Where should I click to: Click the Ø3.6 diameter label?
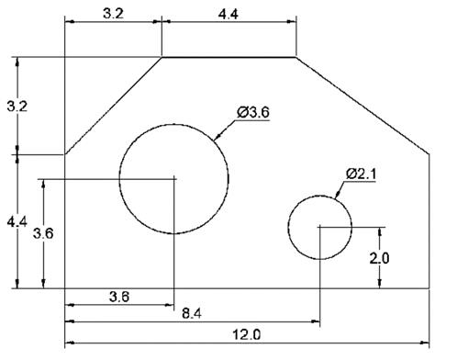point(252,112)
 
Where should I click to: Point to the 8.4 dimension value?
point(192,314)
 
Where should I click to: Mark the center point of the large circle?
point(173,177)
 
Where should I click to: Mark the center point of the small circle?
point(319,227)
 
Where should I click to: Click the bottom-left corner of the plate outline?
point(64,288)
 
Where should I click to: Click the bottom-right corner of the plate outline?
point(431,288)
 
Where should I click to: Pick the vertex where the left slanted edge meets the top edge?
point(162,58)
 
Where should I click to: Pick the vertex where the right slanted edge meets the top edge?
point(296,58)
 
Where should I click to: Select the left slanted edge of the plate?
point(113,107)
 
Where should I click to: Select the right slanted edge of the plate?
point(363,107)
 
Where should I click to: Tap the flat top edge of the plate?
point(229,58)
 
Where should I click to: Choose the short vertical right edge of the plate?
point(431,221)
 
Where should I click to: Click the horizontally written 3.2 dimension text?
point(113,15)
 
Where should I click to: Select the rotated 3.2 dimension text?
point(11,107)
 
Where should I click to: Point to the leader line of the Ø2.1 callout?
point(339,189)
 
